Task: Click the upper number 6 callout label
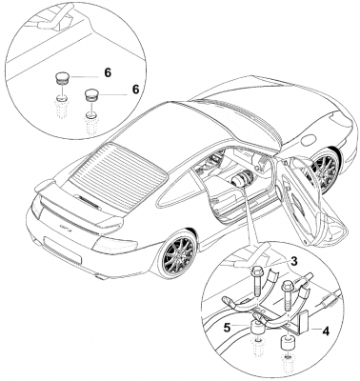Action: [x=108, y=73]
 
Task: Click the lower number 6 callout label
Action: [x=135, y=90]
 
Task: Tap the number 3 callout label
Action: [x=294, y=261]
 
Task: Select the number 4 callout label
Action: [x=326, y=331]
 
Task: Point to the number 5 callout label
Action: [x=227, y=328]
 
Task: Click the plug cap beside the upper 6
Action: [x=60, y=78]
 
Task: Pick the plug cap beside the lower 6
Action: [x=91, y=95]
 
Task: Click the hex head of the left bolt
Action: [x=256, y=272]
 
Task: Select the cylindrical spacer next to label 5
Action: [x=259, y=328]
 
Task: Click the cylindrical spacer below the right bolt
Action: [x=287, y=343]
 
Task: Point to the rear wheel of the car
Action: [x=179, y=253]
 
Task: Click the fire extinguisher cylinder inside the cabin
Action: [x=242, y=179]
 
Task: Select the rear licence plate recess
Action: [x=63, y=249]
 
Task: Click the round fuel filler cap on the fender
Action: [x=309, y=140]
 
